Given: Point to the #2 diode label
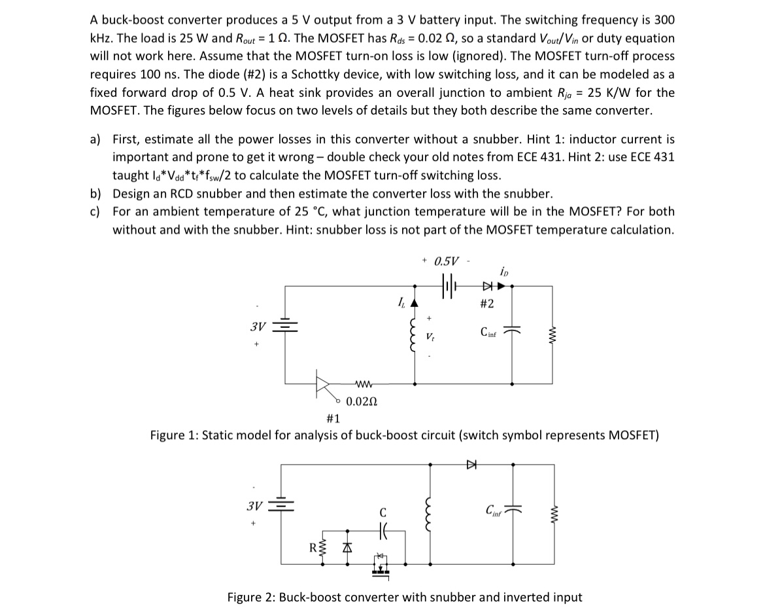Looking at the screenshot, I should point(486,304).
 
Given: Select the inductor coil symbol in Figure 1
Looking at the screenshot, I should point(413,338).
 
